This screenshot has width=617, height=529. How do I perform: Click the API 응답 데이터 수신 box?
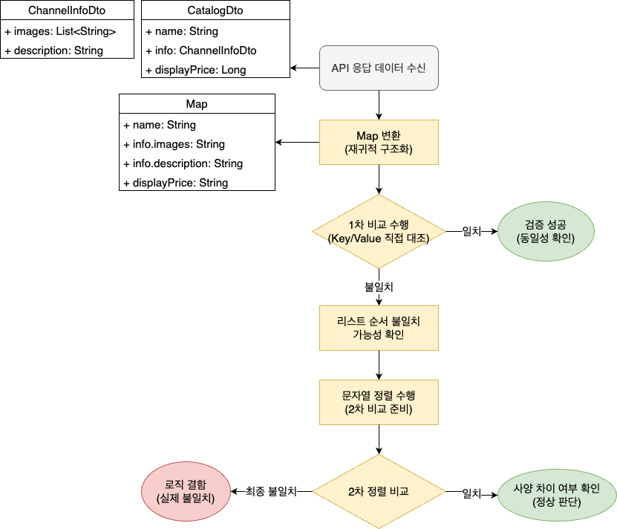point(379,68)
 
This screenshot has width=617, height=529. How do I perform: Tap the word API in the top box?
point(340,68)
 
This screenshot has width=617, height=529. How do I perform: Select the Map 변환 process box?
point(379,142)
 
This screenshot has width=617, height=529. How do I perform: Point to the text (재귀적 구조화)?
point(379,149)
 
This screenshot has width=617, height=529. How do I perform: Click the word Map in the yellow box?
point(368,135)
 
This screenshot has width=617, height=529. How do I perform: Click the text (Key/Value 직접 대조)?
point(379,238)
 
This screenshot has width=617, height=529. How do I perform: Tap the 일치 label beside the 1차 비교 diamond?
point(471,232)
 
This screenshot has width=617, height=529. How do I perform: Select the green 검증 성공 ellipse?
point(546,231)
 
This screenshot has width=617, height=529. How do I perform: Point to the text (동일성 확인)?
point(546,238)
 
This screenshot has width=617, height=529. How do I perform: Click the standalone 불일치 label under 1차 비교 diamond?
point(378,286)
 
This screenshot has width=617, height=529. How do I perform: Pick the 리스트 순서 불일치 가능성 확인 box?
point(379,328)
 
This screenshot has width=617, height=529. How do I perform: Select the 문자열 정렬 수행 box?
point(379,402)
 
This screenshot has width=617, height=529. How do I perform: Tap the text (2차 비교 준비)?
point(379,409)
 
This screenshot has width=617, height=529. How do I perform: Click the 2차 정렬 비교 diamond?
point(379,491)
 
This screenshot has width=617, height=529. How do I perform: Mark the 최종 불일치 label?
point(272,491)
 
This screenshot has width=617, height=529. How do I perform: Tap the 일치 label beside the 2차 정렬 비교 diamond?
point(471,493)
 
